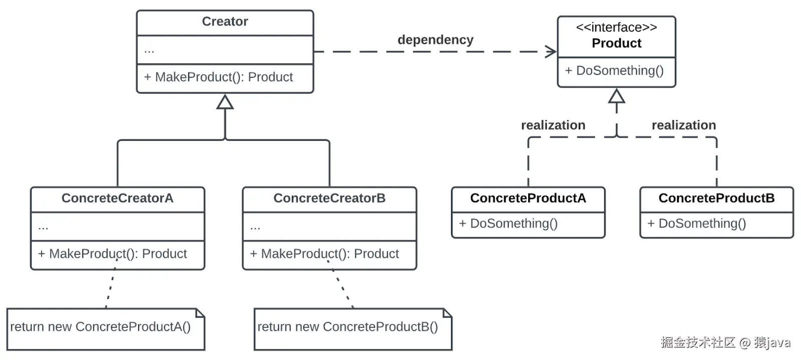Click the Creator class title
[x=225, y=22]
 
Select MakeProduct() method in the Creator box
[x=218, y=77]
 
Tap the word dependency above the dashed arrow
[x=435, y=40]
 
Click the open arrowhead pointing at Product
[x=551, y=52]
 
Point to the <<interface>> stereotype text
[x=616, y=28]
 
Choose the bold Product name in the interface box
[x=616, y=44]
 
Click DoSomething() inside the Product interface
[x=614, y=71]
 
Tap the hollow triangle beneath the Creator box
[x=225, y=102]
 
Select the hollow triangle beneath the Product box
[x=616, y=96]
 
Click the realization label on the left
[x=553, y=125]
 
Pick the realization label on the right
[x=683, y=125]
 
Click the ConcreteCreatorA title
[x=117, y=198]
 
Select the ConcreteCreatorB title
[x=329, y=198]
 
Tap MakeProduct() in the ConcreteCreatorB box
[x=324, y=254]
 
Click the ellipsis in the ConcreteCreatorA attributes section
[x=43, y=227]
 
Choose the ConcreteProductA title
[x=528, y=198]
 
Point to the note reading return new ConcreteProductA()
[x=100, y=327]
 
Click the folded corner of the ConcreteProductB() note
[x=448, y=313]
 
